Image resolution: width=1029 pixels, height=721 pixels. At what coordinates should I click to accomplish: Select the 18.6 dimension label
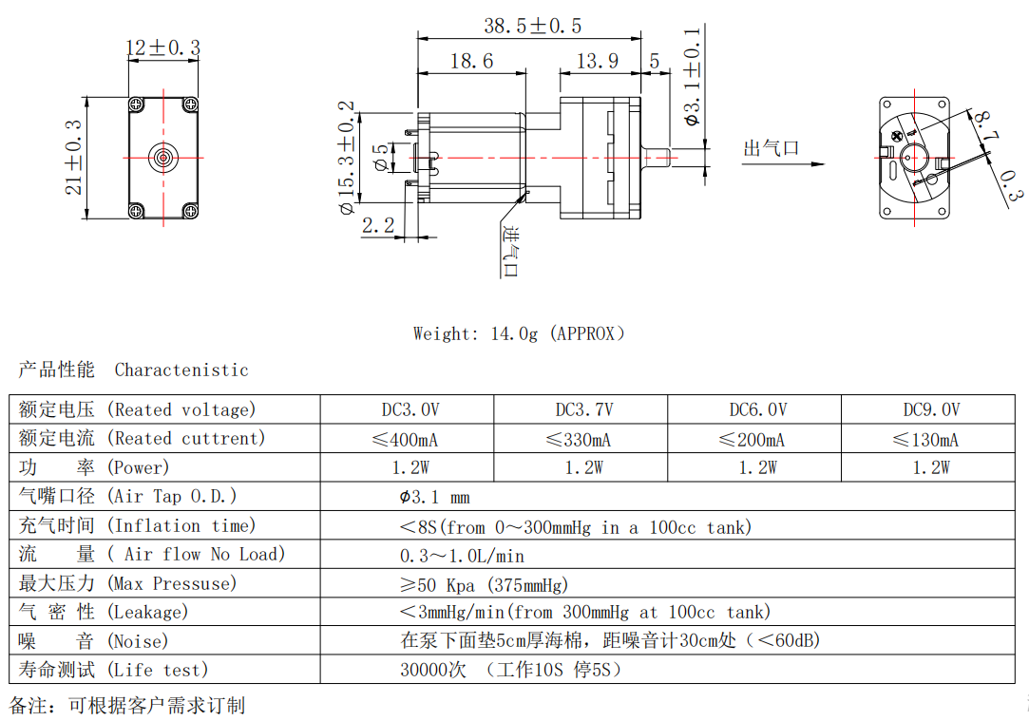click(x=471, y=62)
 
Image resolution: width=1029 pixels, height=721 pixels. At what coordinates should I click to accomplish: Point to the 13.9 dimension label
click(x=598, y=62)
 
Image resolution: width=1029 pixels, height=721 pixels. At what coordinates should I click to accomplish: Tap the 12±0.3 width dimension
click(x=162, y=47)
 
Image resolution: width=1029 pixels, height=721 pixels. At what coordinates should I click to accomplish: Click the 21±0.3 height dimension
click(x=74, y=158)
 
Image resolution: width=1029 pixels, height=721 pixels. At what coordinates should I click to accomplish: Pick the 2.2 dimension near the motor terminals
click(x=377, y=225)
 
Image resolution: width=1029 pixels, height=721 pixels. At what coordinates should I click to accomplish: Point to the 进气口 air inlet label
click(x=510, y=253)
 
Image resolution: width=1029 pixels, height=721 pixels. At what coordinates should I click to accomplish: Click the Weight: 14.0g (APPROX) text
click(x=519, y=333)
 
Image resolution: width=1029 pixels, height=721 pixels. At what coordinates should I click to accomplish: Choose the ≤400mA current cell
click(x=407, y=440)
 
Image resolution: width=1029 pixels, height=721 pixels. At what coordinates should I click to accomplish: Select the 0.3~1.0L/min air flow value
click(x=462, y=556)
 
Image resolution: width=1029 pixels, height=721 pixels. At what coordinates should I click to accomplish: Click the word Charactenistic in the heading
click(x=181, y=370)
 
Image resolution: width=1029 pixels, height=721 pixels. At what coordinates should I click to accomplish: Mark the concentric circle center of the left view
click(x=163, y=157)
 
